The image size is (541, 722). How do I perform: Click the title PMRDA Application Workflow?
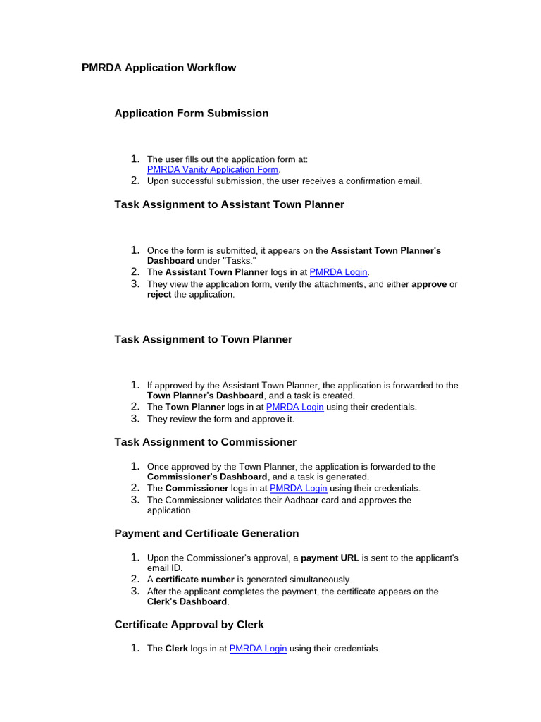(158, 68)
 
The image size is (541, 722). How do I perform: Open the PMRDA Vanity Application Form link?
(213, 169)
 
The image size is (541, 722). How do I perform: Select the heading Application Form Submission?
(191, 113)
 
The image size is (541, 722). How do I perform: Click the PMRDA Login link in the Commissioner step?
(299, 488)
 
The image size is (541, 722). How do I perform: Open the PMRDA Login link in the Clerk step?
(258, 649)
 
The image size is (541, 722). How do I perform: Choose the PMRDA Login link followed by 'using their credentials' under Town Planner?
(294, 407)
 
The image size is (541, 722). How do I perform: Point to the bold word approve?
(429, 284)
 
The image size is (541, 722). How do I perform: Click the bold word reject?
(159, 294)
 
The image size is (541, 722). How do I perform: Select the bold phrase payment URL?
(330, 558)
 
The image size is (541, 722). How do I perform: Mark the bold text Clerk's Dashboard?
(187, 601)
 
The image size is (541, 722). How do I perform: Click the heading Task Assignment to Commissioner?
(205, 442)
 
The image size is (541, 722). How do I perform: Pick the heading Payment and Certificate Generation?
(206, 533)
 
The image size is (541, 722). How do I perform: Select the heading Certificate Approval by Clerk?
(189, 625)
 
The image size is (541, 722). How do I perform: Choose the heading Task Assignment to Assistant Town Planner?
(229, 204)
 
